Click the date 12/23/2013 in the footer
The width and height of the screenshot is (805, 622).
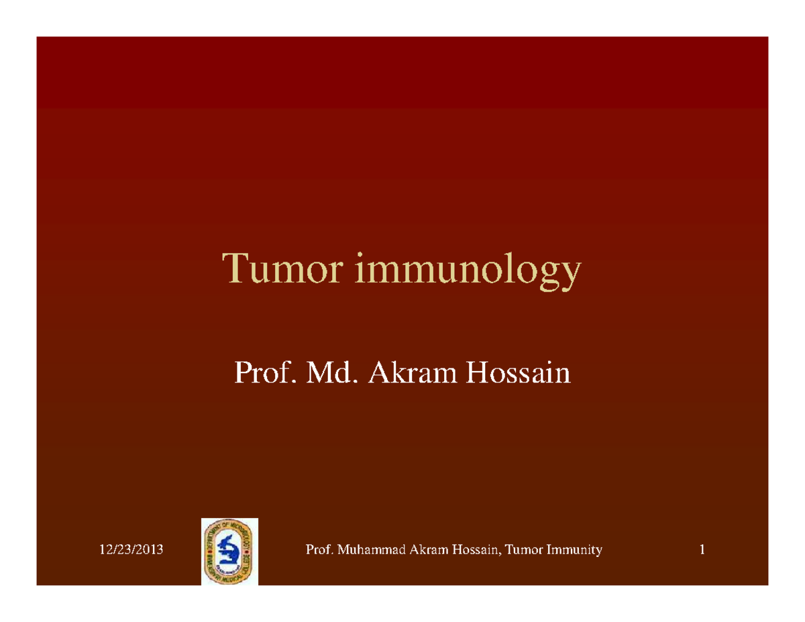[131, 551]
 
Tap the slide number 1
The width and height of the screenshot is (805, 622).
[702, 551]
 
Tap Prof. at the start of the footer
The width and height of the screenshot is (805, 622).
[319, 551]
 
